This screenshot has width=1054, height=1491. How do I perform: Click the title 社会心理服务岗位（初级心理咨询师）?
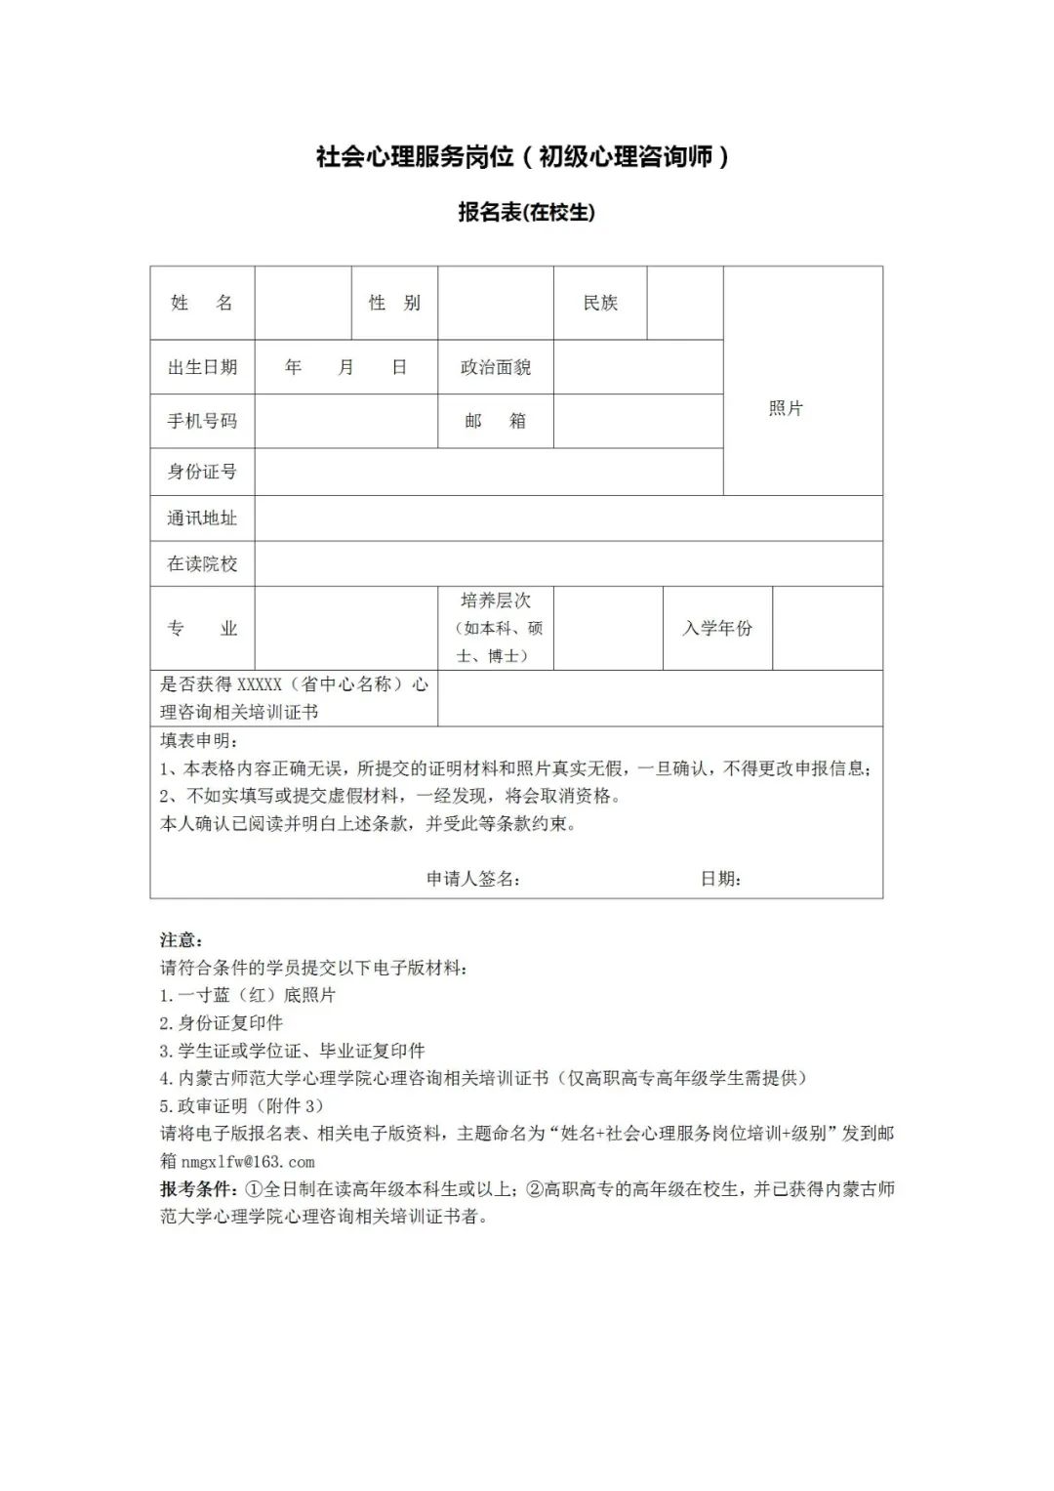coord(523,156)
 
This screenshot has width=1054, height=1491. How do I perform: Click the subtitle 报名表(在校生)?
coord(526,212)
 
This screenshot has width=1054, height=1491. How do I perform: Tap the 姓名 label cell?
coord(202,303)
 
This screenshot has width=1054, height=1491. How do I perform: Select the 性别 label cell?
coord(394,303)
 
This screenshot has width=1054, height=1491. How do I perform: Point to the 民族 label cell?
coord(600,303)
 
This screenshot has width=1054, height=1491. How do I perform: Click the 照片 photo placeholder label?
coord(786,408)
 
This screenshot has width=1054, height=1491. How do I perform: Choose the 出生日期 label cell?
coord(202,367)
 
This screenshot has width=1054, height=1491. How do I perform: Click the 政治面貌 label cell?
coord(496,367)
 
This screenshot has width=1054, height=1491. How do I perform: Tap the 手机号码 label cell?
coord(202,421)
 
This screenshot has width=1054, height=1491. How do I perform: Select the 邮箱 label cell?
coord(496,421)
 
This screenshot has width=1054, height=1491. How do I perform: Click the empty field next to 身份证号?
coord(488,472)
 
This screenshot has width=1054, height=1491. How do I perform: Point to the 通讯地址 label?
coord(202,518)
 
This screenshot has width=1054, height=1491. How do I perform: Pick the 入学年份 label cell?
coord(717,628)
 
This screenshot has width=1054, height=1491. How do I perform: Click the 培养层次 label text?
coord(496,601)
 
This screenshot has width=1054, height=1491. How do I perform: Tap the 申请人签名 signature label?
coord(472,879)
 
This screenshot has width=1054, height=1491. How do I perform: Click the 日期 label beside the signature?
coord(720,879)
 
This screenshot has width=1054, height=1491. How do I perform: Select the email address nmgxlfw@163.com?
coord(248,1162)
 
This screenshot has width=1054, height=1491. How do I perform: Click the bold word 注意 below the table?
coord(181,940)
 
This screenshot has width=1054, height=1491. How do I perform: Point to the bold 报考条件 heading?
coord(198,1189)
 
